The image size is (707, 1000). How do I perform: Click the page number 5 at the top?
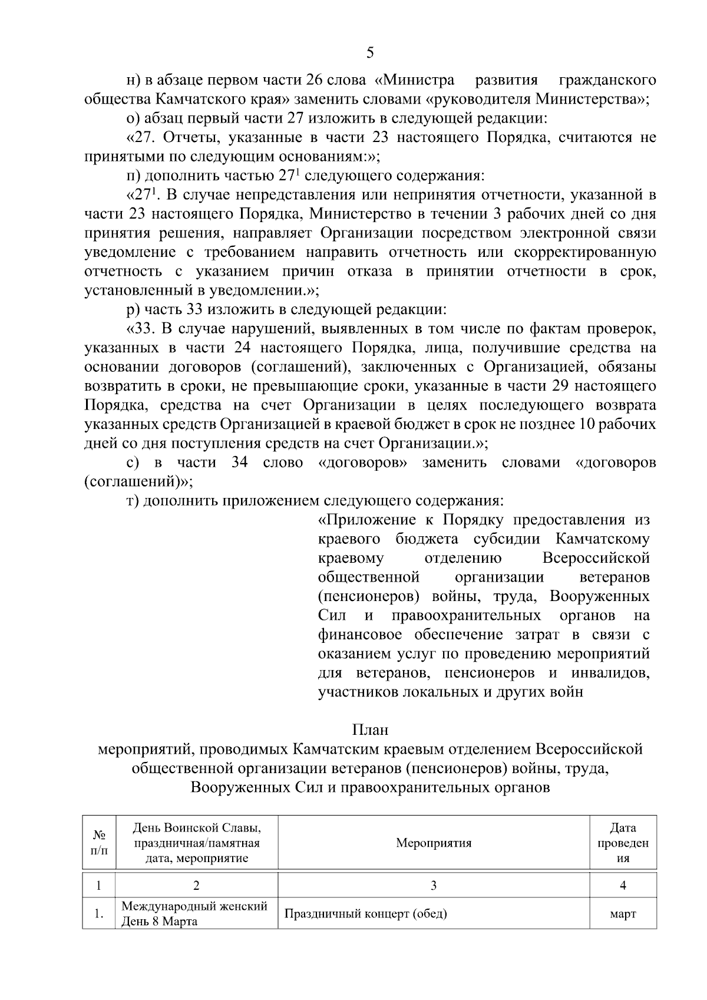[x=370, y=53]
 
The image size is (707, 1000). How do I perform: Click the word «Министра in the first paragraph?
[x=415, y=80]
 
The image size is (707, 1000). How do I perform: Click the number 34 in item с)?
[x=239, y=463]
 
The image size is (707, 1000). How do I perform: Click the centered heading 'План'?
[x=370, y=730]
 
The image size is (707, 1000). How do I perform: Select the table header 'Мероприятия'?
[x=434, y=843]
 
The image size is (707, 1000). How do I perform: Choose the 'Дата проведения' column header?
[x=623, y=843]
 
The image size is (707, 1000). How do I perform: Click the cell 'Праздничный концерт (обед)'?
[x=366, y=914]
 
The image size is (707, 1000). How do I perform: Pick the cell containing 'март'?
[x=623, y=914]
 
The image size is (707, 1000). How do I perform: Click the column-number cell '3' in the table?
[x=434, y=885]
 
